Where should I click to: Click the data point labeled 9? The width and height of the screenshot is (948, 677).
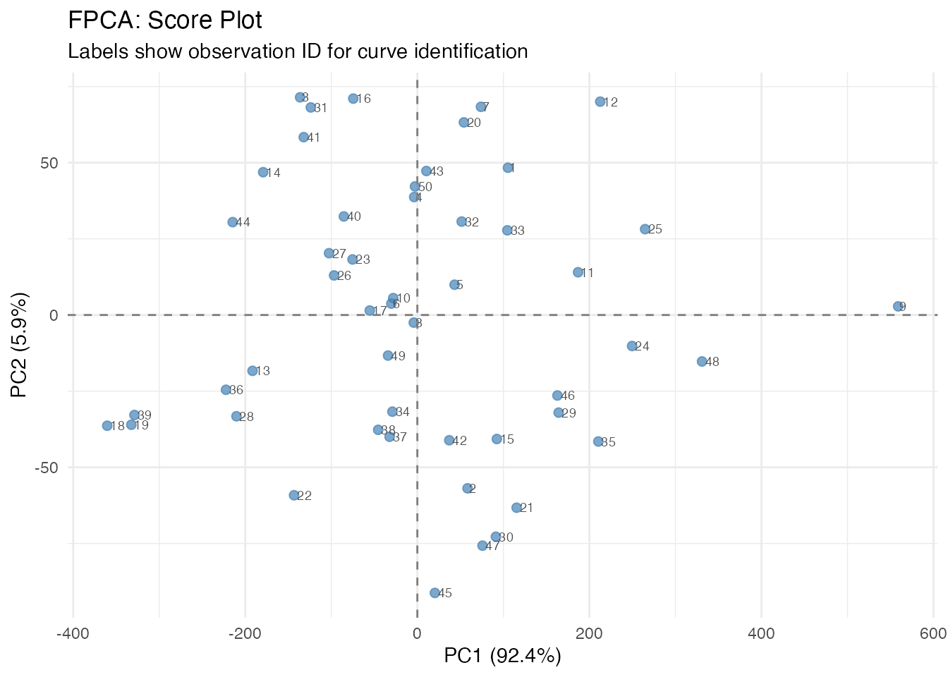click(898, 307)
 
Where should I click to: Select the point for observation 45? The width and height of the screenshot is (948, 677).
click(435, 593)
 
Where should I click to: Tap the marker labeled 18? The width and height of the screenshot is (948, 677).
click(107, 426)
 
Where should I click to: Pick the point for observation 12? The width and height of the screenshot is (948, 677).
click(600, 102)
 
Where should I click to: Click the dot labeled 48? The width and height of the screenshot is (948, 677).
click(702, 362)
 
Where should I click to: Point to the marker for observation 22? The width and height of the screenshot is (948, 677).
click(294, 495)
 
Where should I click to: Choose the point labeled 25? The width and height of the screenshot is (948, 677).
click(645, 229)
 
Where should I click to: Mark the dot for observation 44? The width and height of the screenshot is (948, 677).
click(233, 222)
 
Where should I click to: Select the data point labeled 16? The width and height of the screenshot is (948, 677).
click(353, 99)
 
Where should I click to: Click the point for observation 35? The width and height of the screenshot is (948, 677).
click(598, 441)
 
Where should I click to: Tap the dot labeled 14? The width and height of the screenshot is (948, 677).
click(263, 172)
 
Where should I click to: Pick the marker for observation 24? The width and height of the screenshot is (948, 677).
click(632, 346)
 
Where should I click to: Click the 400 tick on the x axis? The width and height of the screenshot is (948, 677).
click(761, 634)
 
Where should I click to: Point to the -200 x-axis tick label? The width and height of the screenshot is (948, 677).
click(245, 634)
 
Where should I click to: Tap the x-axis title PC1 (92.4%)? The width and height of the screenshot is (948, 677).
click(502, 657)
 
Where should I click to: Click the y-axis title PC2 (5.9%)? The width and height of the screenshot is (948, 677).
click(19, 346)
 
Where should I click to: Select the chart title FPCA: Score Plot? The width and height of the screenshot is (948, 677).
click(165, 20)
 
